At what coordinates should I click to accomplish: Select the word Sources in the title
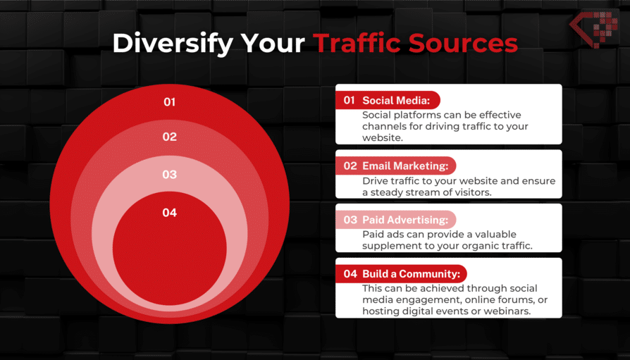coord(463,44)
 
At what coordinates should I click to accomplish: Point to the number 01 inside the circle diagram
coord(170,102)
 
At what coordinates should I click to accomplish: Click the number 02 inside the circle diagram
coord(170,137)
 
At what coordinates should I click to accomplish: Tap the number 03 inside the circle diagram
coord(170,175)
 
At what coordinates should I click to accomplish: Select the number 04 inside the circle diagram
coord(170,213)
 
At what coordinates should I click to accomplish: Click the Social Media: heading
coord(396,101)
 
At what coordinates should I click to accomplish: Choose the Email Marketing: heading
coord(404,166)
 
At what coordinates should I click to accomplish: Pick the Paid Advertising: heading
coord(405,220)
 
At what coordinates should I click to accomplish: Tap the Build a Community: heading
coord(412,274)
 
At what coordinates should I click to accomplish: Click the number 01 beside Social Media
coord(349,101)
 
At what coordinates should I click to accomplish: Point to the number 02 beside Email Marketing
coord(350,166)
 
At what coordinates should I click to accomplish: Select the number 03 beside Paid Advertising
coord(350,220)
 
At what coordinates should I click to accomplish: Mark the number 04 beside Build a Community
coord(350,274)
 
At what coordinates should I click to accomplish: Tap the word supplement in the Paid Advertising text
coord(388,246)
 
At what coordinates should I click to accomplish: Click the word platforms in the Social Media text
coord(414,116)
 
